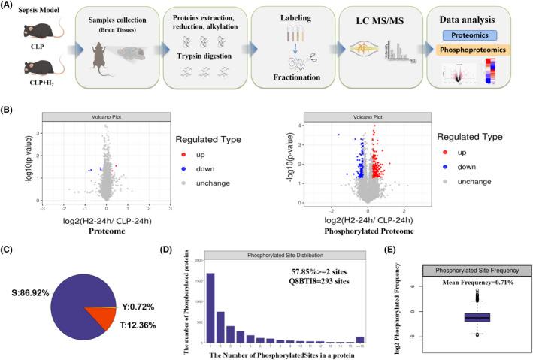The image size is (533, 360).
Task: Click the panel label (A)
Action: [10, 7]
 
